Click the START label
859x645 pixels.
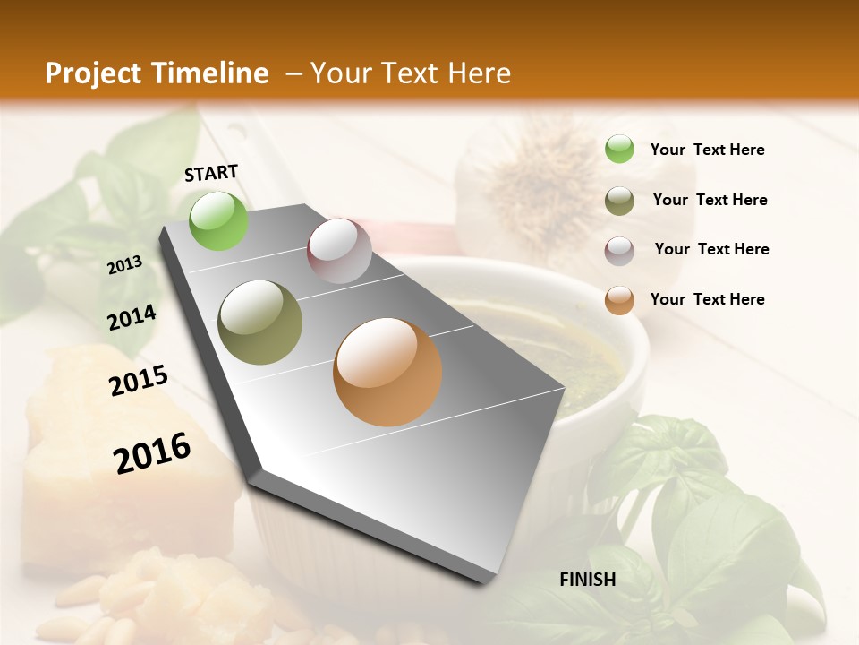point(211,173)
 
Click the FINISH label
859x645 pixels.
point(588,580)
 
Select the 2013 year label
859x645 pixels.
point(124,264)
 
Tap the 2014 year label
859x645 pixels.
point(132,317)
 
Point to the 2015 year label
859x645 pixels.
point(139,381)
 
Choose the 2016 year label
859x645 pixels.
point(152,452)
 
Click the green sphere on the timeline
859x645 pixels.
point(219,220)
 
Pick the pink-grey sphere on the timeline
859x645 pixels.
point(339,251)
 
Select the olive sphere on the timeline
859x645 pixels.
point(260,322)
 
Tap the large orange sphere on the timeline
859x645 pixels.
point(387,372)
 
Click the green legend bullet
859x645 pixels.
point(619,149)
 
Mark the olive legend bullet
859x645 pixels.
point(619,201)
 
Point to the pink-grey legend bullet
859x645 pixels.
point(619,251)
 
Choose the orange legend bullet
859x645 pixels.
point(619,301)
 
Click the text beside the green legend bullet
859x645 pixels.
point(707,150)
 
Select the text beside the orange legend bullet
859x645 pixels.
point(707,299)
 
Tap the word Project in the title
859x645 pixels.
point(93,73)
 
